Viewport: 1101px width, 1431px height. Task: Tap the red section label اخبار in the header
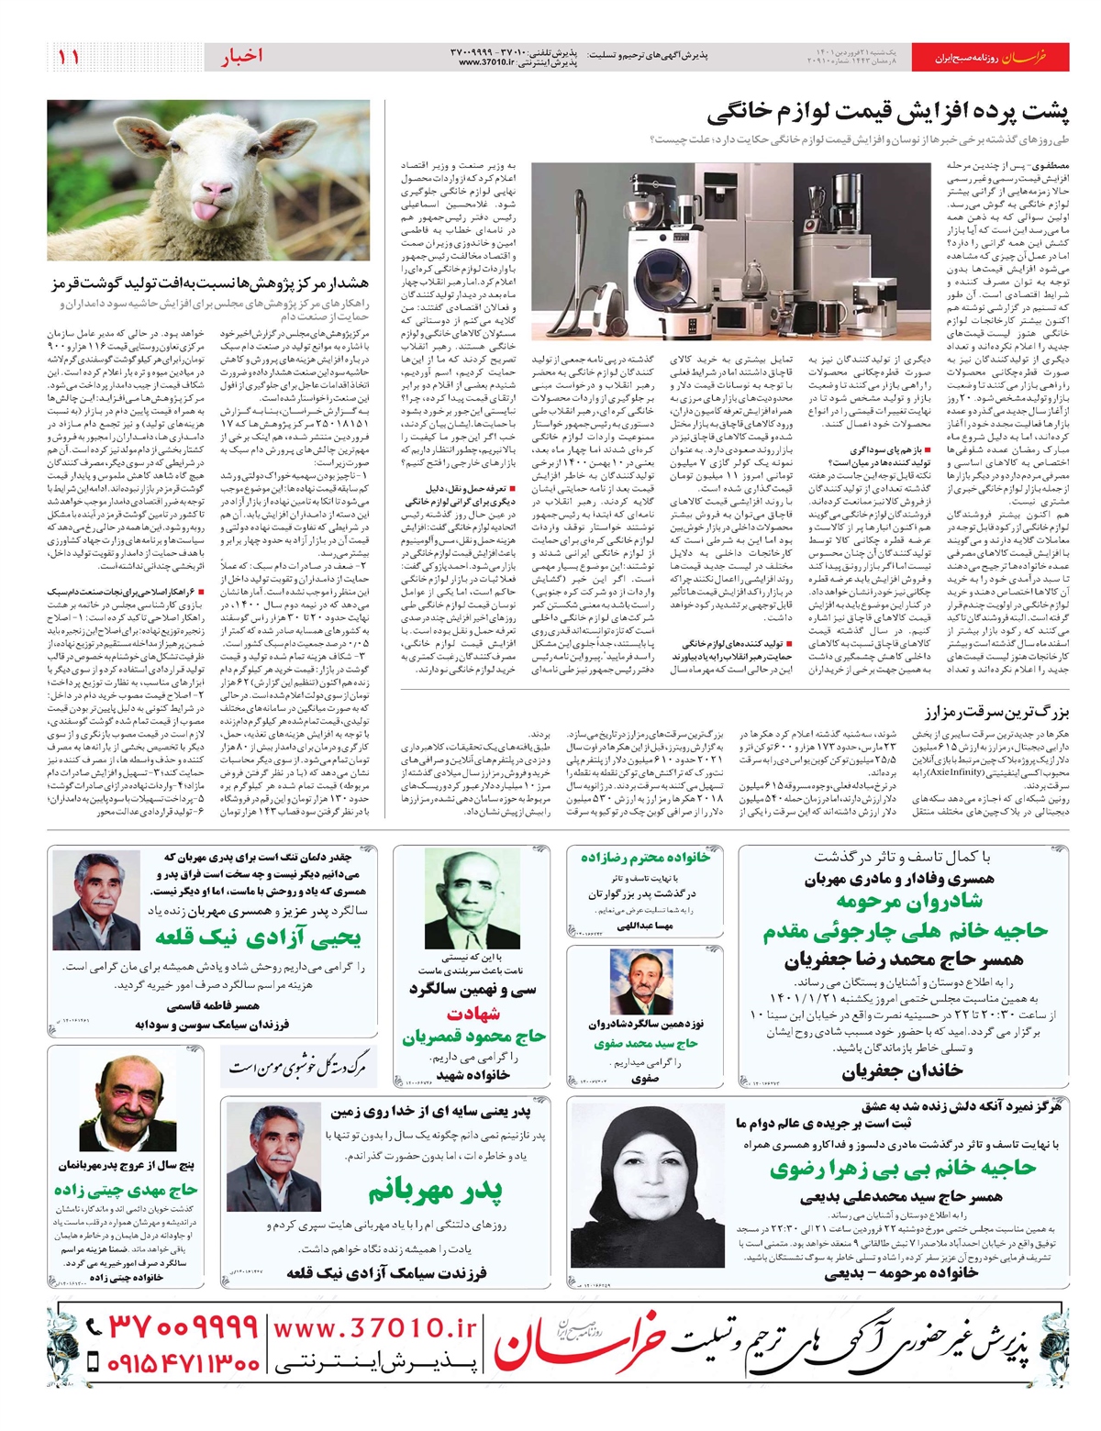241,56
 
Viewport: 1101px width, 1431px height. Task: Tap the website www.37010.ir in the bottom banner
375,1327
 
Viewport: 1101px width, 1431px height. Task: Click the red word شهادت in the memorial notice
473,1014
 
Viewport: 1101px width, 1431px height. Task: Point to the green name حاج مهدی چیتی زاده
126,1190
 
